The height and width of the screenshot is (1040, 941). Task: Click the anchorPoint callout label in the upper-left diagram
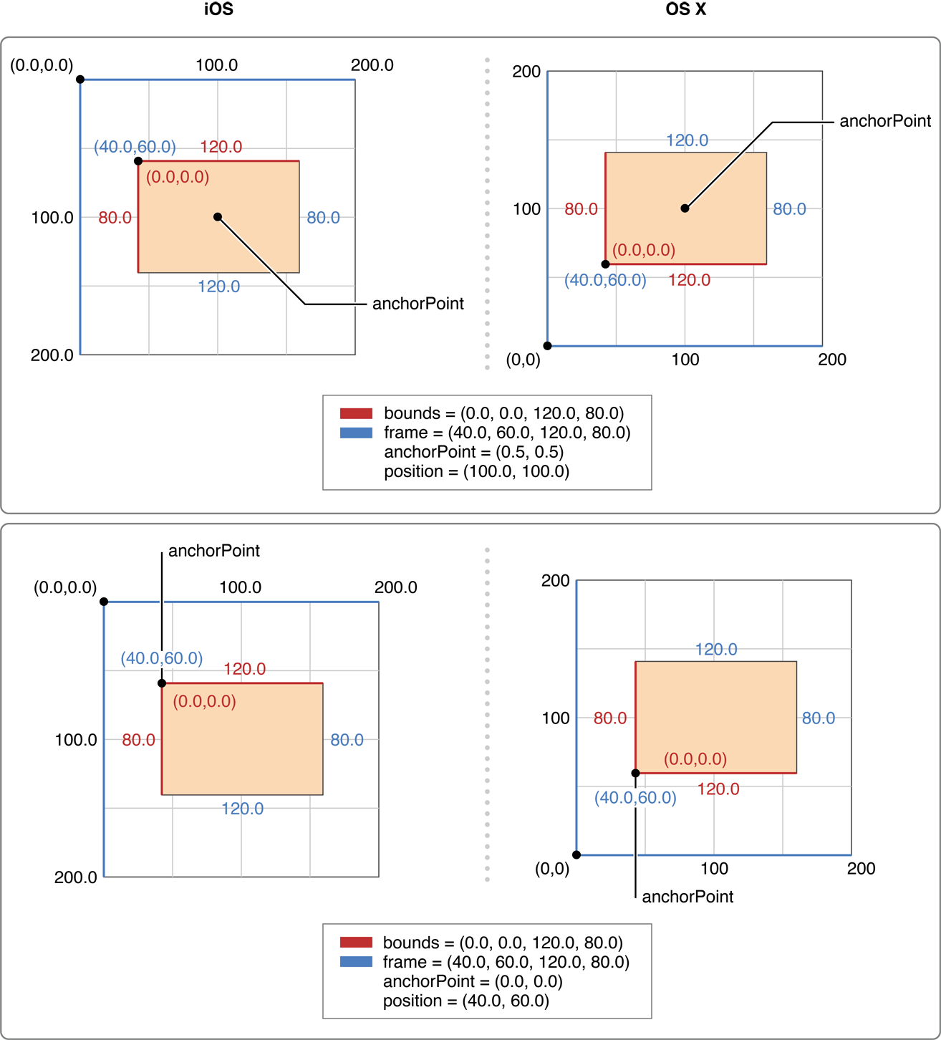point(418,304)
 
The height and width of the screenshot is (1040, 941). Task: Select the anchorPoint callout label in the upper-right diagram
point(885,121)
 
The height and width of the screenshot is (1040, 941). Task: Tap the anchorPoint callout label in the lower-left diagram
point(213,551)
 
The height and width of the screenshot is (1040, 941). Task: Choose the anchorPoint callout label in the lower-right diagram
point(687,897)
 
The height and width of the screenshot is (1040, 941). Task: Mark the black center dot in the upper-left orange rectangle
point(218,217)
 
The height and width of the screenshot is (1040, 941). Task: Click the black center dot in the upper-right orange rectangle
point(685,208)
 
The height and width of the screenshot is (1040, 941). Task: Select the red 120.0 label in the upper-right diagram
point(689,280)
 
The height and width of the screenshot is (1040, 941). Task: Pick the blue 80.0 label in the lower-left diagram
point(347,740)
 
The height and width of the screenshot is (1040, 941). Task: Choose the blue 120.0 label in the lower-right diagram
point(716,650)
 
